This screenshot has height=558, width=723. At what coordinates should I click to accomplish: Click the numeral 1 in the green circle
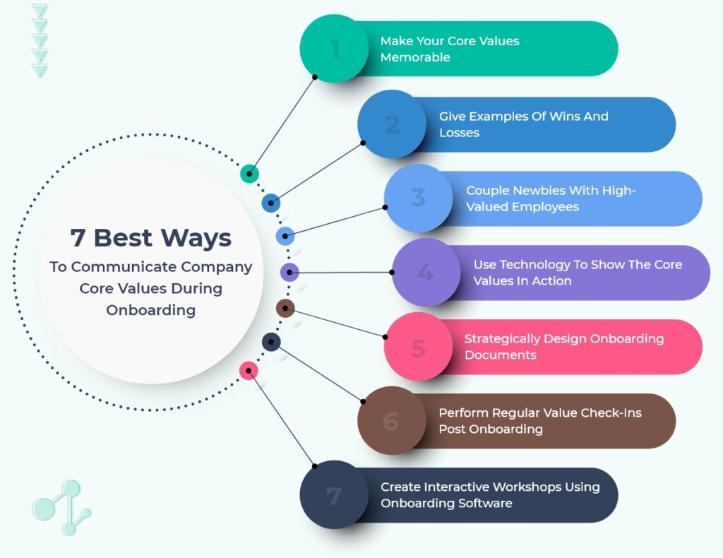coord(335,49)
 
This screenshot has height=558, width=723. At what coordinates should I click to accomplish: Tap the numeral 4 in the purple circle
coord(425,273)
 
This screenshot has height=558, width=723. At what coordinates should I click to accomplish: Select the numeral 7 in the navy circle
coord(334,496)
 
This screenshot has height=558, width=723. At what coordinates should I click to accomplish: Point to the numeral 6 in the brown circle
coord(391,422)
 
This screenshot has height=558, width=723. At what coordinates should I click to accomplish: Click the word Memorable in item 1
coord(415,57)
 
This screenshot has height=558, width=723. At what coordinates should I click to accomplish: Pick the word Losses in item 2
coord(459,133)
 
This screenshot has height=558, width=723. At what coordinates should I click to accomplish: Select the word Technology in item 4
coord(535,265)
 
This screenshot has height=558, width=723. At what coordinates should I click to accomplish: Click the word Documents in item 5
coord(501,355)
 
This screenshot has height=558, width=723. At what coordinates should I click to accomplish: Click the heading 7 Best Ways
coord(151,238)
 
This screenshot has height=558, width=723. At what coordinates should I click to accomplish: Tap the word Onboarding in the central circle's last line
coord(151,310)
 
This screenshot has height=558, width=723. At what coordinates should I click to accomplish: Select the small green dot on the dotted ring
coord(249,174)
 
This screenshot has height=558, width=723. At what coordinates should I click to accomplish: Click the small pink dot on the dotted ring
coord(249,371)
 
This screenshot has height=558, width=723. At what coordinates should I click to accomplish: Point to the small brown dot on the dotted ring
coord(285,308)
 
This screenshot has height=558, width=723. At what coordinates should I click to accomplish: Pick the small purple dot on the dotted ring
coord(289,272)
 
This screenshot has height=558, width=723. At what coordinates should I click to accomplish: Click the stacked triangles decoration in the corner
coord(40,41)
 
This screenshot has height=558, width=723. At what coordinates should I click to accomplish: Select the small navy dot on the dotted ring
coord(271,343)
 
